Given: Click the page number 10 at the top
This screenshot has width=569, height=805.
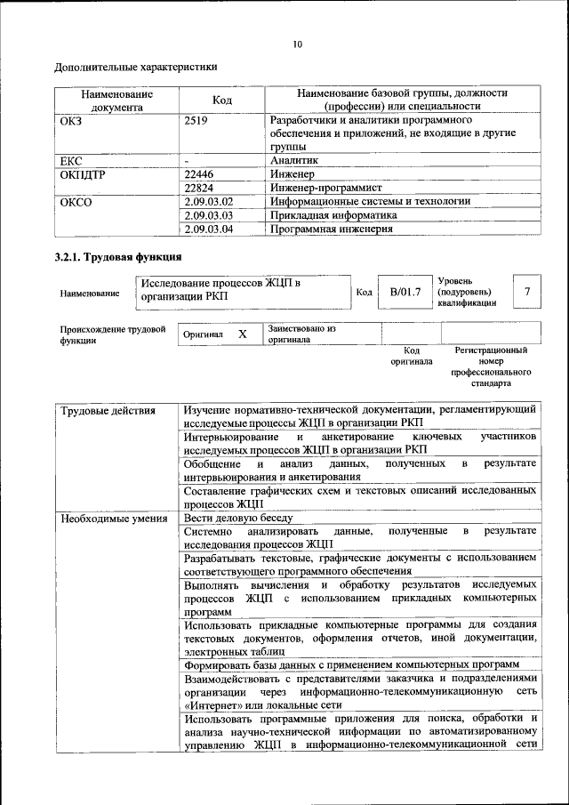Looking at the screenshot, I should (x=297, y=44).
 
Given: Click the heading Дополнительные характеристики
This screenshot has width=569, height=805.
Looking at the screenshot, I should (x=136, y=67).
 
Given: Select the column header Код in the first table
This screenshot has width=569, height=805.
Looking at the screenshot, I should (x=222, y=101).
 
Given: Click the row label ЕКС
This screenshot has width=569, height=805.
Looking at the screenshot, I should (x=71, y=161).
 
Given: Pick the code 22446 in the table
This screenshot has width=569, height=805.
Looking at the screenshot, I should (x=199, y=174).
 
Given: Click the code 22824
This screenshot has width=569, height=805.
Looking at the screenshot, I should (x=199, y=188).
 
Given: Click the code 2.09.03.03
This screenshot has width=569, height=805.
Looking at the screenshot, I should (x=208, y=215).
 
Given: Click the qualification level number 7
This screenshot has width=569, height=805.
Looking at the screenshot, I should (x=528, y=291).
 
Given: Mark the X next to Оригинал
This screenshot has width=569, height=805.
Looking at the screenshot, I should (x=242, y=334).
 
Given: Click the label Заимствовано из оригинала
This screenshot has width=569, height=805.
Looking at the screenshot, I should (x=301, y=334).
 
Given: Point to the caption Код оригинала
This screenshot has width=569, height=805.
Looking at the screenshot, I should (x=411, y=356).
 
